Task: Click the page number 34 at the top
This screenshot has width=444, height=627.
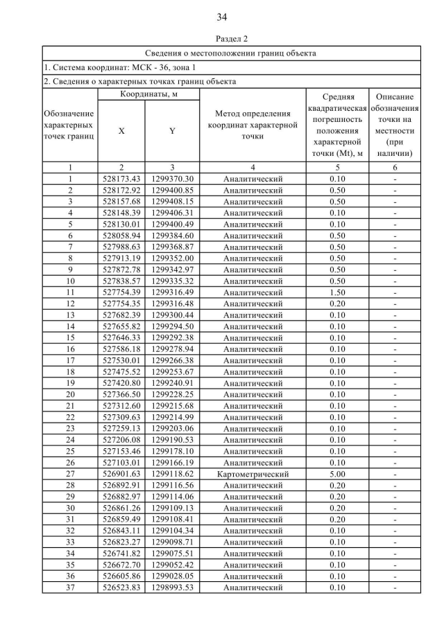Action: (222, 17)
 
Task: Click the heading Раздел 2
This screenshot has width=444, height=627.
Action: (222, 39)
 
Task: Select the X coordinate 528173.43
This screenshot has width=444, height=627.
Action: (121, 178)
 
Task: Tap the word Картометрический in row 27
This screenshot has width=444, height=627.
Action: (253, 474)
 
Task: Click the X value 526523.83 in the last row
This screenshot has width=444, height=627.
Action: (121, 588)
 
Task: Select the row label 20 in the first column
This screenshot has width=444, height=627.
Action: (70, 394)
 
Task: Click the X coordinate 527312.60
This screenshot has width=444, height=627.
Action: (121, 405)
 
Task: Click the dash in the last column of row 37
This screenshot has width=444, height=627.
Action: (395, 588)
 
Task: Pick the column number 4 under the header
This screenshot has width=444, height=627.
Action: (253, 167)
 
